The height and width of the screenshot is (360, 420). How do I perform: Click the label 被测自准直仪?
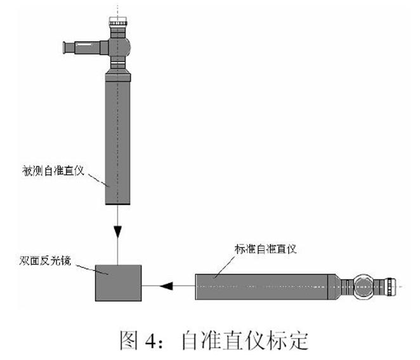coord(48,170)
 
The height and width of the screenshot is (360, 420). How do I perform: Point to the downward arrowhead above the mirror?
coord(117,231)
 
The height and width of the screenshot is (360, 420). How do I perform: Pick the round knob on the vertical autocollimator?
coord(122,45)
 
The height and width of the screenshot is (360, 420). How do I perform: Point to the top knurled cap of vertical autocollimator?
coord(119,27)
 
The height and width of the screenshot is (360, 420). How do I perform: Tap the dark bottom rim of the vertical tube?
coord(119,205)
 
